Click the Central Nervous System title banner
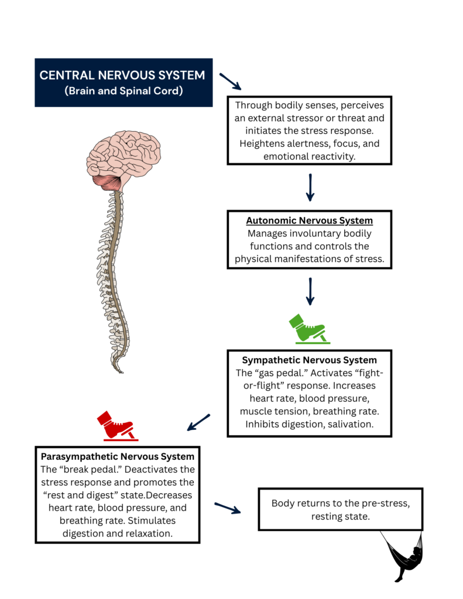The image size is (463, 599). (x=123, y=82)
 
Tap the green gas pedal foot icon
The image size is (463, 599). (x=308, y=329)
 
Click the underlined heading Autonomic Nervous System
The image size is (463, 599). (x=309, y=221)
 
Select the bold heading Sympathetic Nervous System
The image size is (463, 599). (x=309, y=360)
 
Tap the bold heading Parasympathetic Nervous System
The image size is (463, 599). (x=117, y=455)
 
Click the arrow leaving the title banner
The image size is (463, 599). (x=229, y=81)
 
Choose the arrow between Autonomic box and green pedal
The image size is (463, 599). (x=310, y=291)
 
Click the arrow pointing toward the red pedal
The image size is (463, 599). (x=199, y=422)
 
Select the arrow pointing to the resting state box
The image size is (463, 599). (x=228, y=507)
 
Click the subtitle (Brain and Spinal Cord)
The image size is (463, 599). (x=122, y=91)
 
